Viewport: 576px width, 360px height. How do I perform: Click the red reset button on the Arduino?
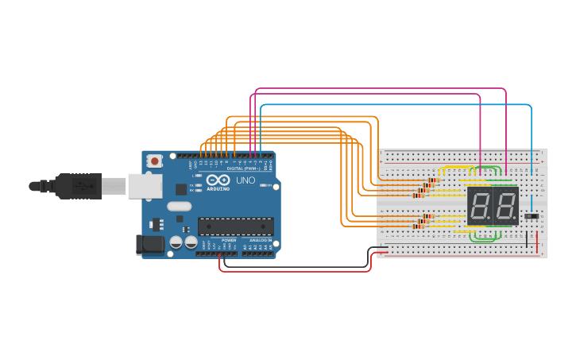[x=153, y=161]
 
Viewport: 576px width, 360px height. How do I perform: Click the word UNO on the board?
[x=245, y=180]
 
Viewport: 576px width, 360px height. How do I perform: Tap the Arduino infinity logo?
[x=217, y=180]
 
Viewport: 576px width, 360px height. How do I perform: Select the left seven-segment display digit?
[x=479, y=206]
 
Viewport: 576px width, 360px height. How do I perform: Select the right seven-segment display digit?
[x=505, y=206]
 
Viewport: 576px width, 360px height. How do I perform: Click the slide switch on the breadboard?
[x=532, y=215]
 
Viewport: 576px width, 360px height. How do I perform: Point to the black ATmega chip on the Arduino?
[x=235, y=226]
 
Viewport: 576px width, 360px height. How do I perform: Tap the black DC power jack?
[x=150, y=244]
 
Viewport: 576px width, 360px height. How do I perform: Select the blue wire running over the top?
[x=397, y=104]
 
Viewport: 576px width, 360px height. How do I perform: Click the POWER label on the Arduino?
[x=229, y=239]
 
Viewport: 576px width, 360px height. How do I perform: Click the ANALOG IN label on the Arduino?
[x=260, y=239]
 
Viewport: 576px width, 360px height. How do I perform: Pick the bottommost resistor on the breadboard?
[x=419, y=226]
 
